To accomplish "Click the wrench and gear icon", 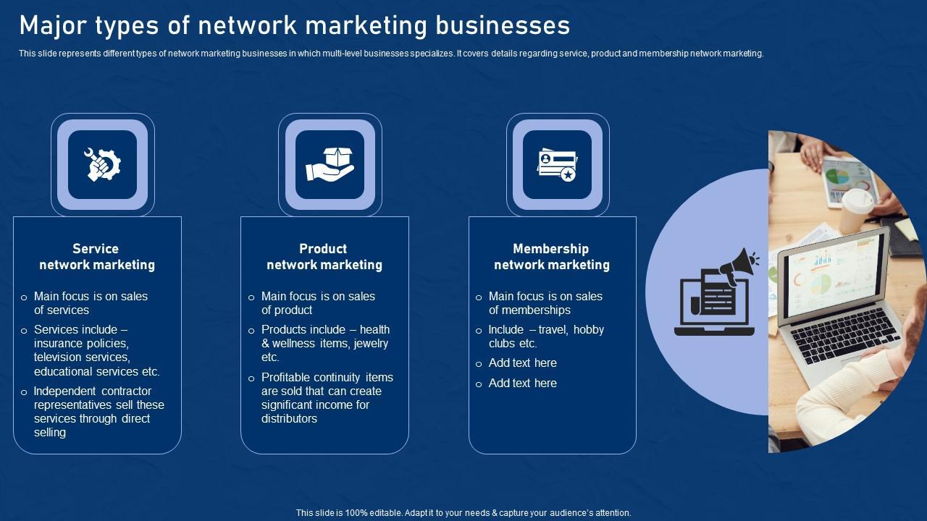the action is [102, 164].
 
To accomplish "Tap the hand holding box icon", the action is [330, 164].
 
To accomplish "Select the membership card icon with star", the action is [557, 165].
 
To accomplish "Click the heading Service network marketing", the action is [96, 257].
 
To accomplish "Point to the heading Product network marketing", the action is [324, 257].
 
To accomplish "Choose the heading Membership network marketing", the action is [551, 257].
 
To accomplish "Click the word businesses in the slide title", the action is [503, 25].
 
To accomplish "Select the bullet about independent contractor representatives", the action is [99, 411].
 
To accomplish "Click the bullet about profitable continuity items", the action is [327, 397].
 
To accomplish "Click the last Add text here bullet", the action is [522, 383].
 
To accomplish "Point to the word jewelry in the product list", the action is [371, 343].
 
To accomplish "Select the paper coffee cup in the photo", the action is [855, 210].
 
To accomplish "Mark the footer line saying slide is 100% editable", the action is [463, 512].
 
